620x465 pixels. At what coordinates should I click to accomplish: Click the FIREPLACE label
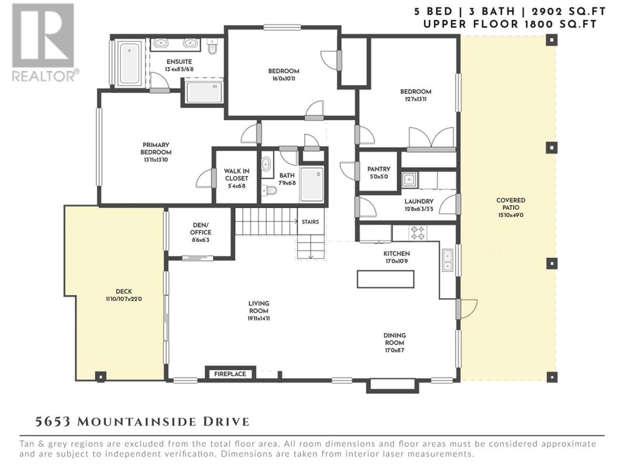230,374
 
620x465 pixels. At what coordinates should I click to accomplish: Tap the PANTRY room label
378,169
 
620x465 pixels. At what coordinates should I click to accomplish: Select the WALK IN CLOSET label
236,175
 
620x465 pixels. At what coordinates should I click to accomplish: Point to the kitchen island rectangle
386,279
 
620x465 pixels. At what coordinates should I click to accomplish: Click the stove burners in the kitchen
418,233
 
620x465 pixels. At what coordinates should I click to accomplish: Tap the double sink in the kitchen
448,260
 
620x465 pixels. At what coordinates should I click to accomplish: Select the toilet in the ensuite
212,46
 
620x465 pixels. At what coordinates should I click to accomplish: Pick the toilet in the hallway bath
269,190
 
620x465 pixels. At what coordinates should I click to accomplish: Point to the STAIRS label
310,222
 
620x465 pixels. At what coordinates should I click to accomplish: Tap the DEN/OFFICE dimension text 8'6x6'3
201,240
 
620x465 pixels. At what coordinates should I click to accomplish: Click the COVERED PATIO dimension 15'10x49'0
511,215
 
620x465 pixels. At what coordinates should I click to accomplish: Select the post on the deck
101,377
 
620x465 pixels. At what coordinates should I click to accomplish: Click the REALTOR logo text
44,76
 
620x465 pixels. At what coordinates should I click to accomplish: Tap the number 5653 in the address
53,421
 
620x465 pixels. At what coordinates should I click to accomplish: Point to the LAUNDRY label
418,201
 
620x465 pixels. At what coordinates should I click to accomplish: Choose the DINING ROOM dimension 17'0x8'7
395,350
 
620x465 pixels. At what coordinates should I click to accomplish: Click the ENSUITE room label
179,62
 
